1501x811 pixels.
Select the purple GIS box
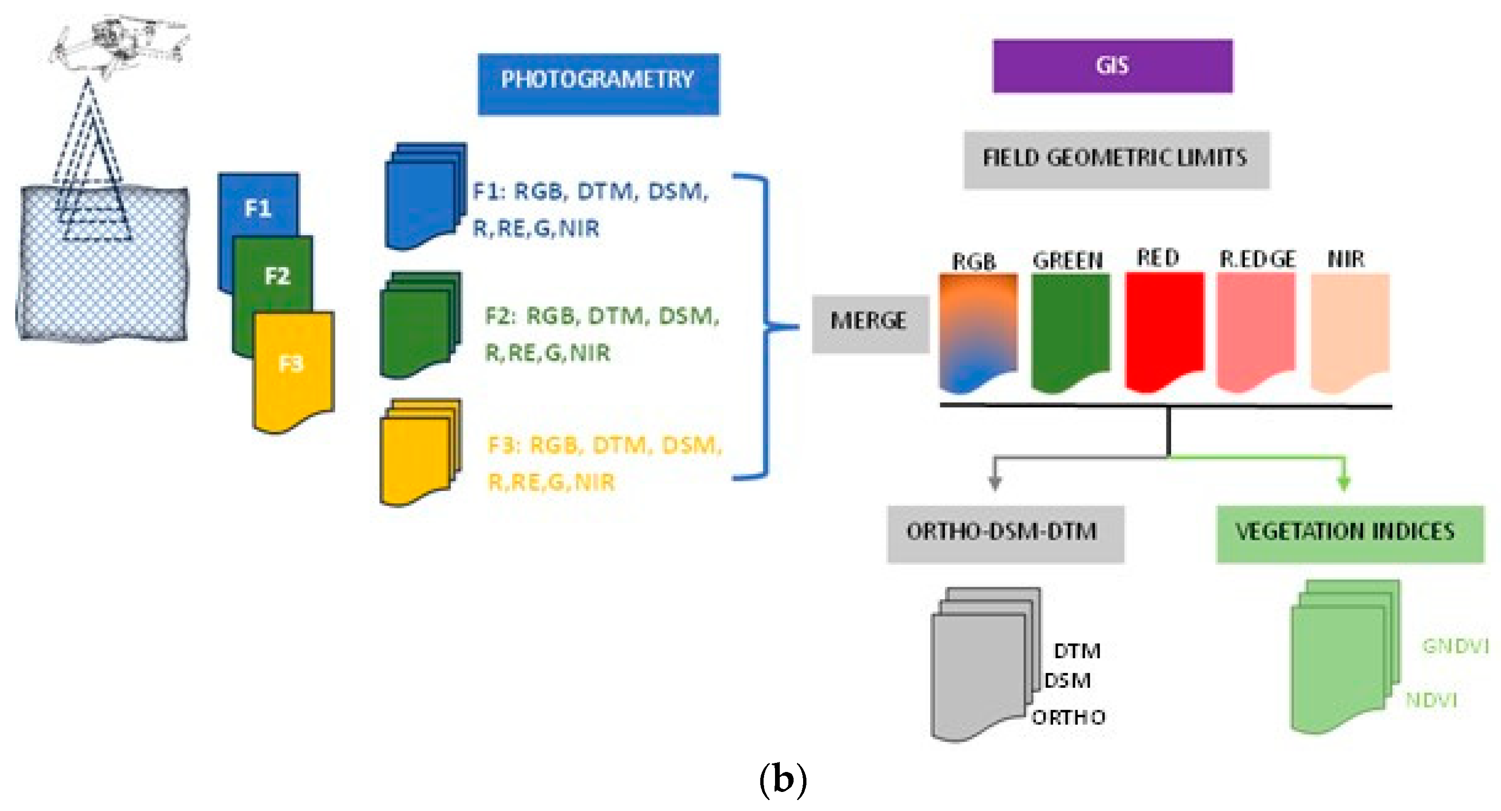tap(1113, 66)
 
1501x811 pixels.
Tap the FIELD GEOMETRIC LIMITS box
tap(1116, 159)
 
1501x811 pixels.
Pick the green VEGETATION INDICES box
tap(1350, 533)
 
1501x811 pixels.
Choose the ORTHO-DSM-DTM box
tap(1005, 533)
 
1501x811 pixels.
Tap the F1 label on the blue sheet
tap(258, 208)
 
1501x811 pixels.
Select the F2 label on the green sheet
tap(277, 276)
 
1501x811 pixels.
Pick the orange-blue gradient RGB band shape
tap(978, 330)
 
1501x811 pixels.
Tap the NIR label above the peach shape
tap(1345, 259)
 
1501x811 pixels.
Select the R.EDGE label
tap(1257, 259)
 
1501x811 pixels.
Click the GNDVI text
tap(1454, 646)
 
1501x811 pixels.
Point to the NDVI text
tap(1431, 700)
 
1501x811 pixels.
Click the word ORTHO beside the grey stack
tap(1068, 717)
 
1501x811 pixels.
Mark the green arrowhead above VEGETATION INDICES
tap(1344, 483)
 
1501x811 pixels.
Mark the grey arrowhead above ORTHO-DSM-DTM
tap(995, 483)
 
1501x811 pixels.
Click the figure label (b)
tap(783, 780)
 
